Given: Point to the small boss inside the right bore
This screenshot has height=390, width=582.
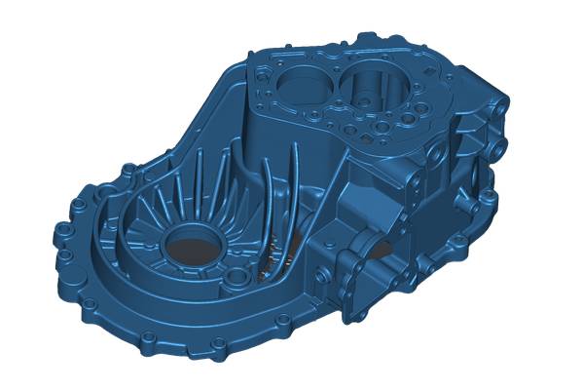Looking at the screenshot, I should click(361, 97).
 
